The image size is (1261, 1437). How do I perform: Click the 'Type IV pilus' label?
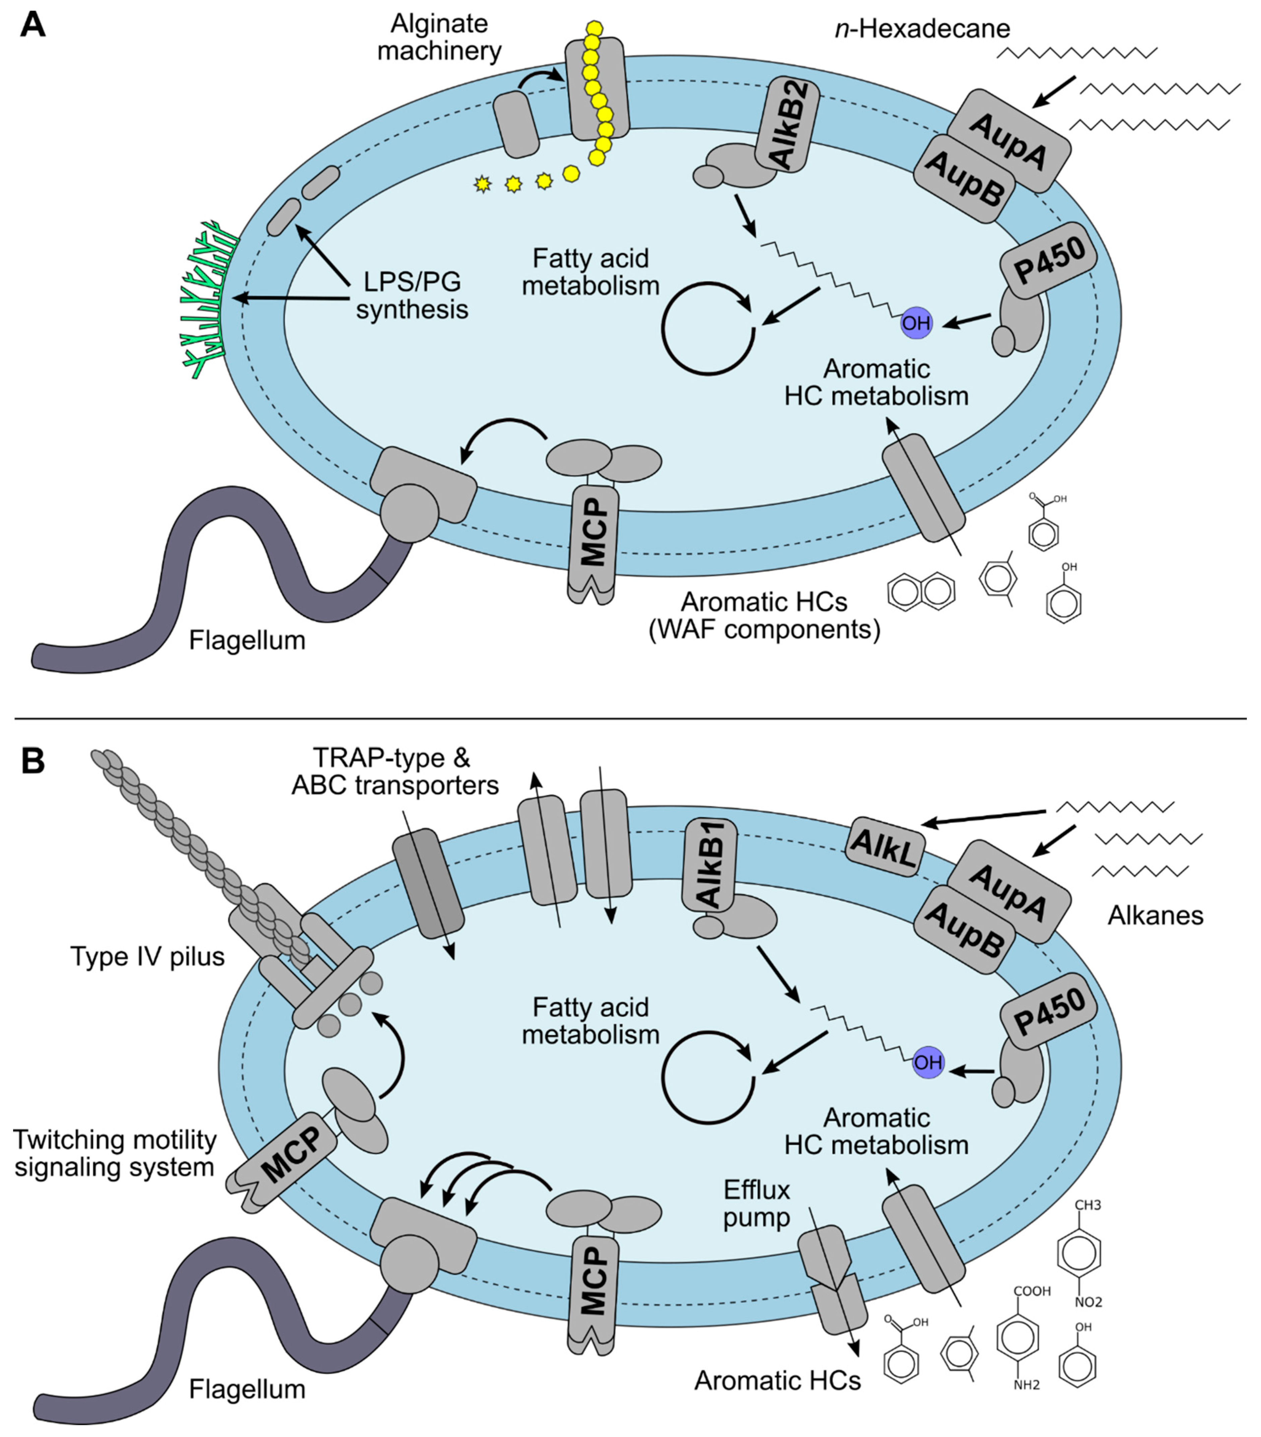[148, 956]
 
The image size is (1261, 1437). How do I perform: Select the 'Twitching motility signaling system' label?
[115, 1153]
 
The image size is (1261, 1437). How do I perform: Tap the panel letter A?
[33, 26]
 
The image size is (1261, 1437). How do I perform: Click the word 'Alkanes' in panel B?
[1155, 915]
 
